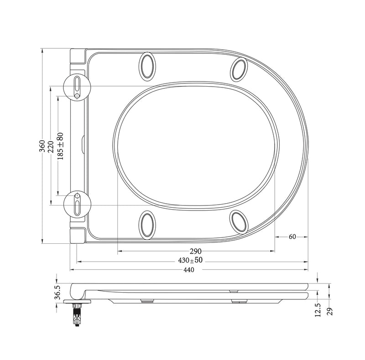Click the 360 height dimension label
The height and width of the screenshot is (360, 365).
point(42,146)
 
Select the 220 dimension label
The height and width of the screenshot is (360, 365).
point(51,146)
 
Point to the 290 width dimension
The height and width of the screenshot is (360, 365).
point(196,251)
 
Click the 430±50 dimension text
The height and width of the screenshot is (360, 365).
point(190,260)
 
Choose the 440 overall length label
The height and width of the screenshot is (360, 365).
point(188,270)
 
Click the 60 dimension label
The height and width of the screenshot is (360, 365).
point(292,237)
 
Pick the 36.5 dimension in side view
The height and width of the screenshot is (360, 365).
point(57,292)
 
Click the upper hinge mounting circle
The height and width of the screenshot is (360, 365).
point(77,86)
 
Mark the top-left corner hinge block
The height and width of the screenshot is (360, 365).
point(78,57)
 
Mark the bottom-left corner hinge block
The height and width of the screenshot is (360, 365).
point(78,235)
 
